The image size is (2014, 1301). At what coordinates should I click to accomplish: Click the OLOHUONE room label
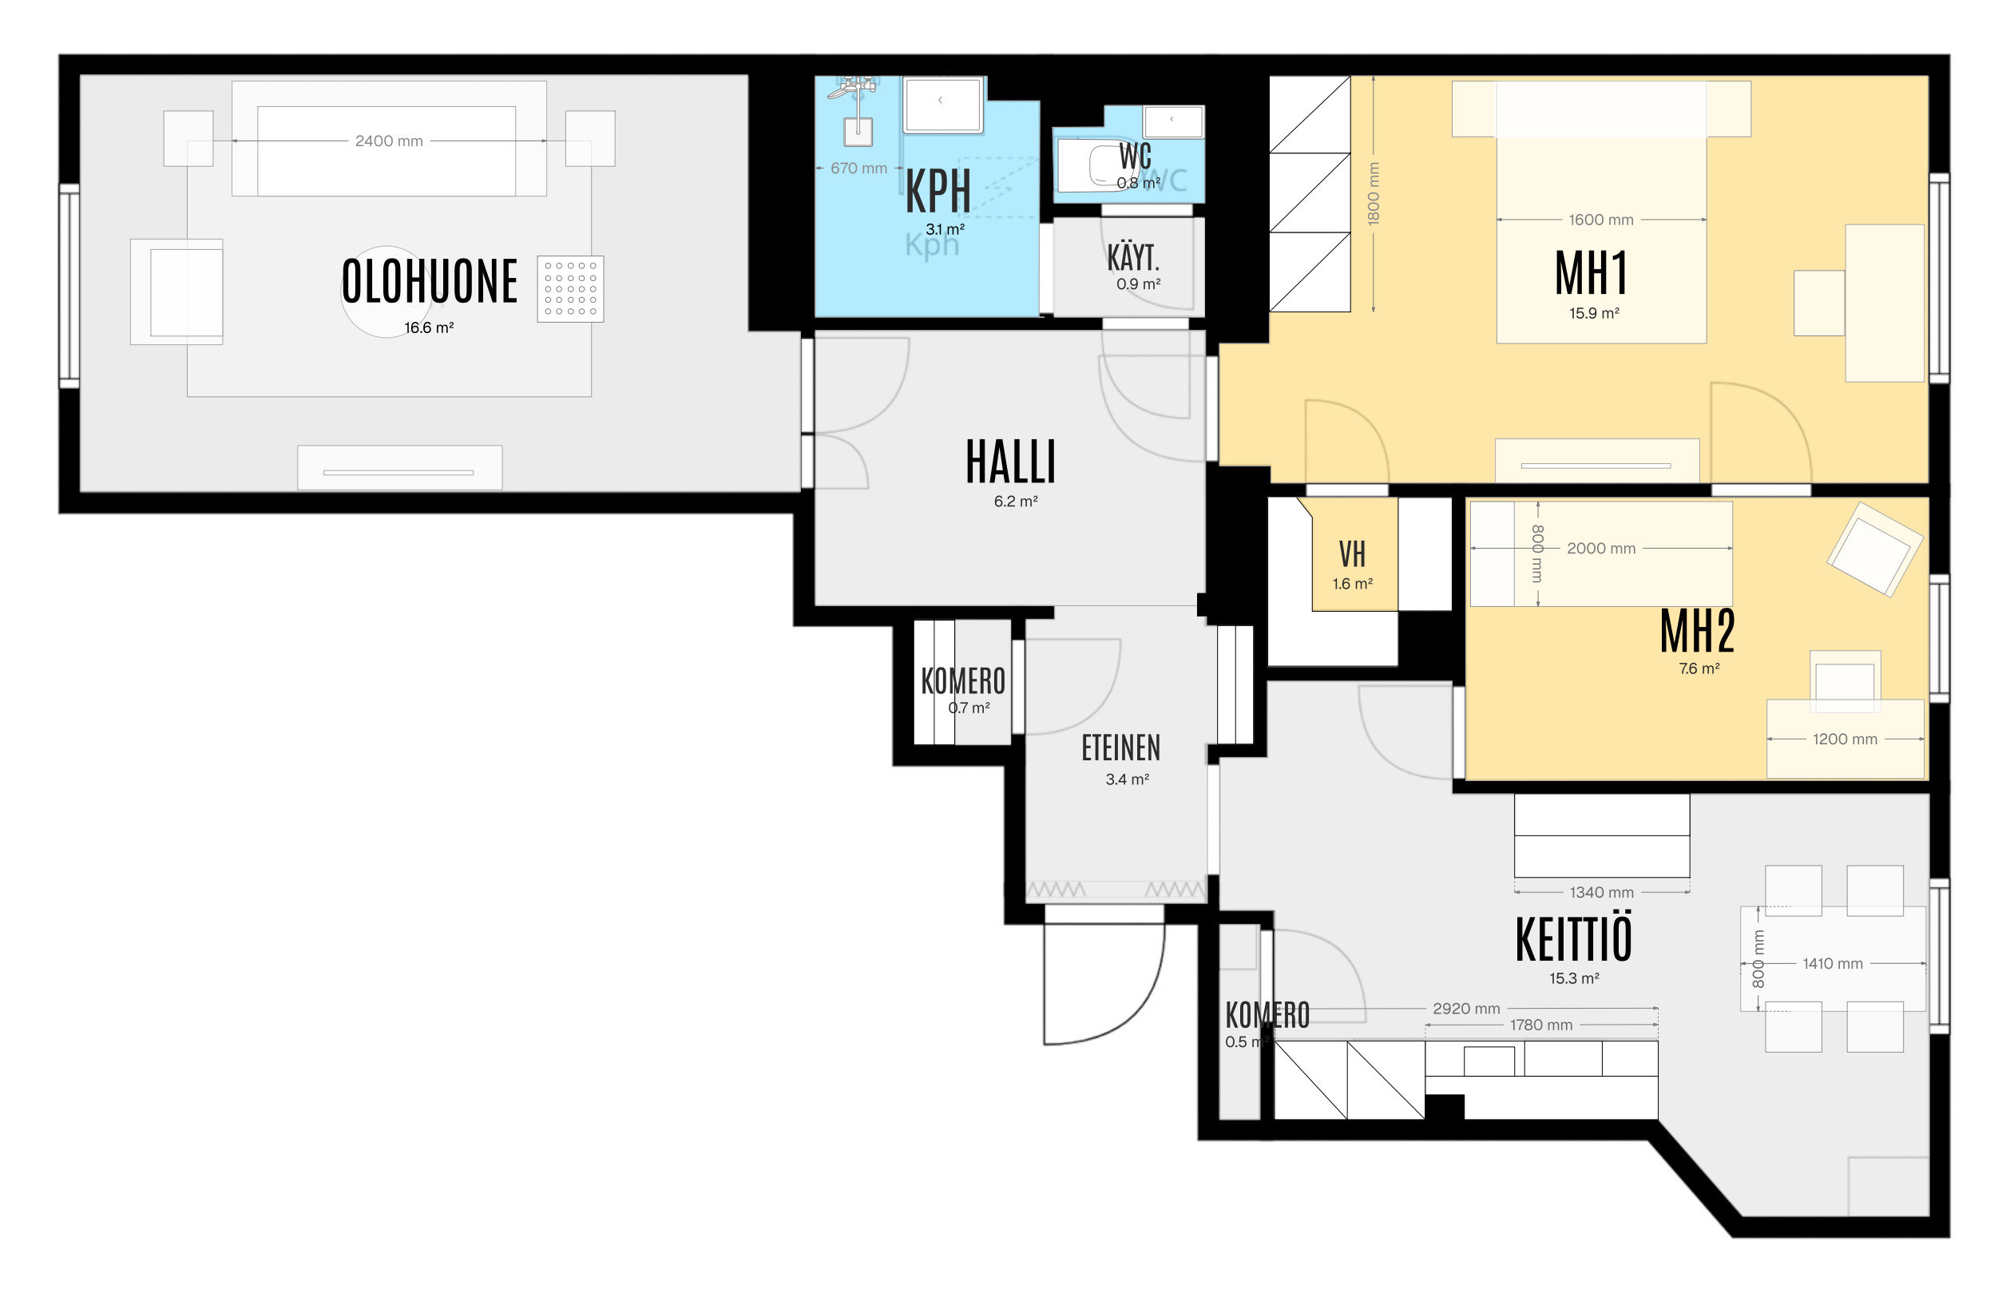tap(429, 281)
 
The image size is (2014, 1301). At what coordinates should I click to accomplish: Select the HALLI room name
tap(1010, 462)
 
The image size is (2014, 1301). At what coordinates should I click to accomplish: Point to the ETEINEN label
tap(1121, 748)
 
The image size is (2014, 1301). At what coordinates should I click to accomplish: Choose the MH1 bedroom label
tap(1591, 273)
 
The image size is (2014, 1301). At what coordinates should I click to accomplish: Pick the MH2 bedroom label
tap(1697, 631)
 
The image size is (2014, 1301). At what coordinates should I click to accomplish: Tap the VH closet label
tap(1352, 554)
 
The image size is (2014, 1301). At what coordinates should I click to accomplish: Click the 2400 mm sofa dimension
tap(389, 141)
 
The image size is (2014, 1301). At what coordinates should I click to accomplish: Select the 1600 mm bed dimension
tap(1601, 220)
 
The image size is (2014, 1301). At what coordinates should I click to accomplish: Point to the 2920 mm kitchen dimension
tap(1465, 1009)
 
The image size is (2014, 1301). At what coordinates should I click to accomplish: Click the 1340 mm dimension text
tap(1602, 892)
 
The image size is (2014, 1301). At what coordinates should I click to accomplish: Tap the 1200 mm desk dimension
tap(1845, 740)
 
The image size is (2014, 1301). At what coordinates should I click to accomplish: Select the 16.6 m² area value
tap(429, 327)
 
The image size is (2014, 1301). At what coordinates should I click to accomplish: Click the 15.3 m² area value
tap(1574, 978)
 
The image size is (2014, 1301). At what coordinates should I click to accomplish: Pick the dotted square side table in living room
tap(570, 289)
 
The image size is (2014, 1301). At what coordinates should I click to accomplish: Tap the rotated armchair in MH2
tap(1874, 549)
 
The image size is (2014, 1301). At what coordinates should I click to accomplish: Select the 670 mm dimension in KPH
tap(858, 169)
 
